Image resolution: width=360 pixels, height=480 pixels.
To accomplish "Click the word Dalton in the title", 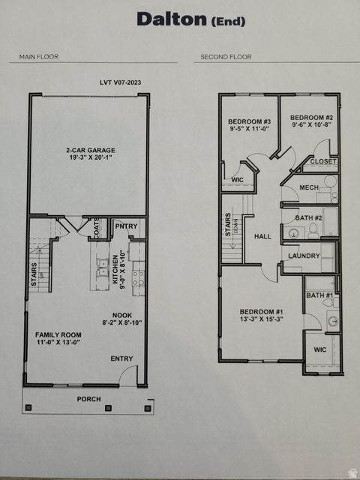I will (170, 19).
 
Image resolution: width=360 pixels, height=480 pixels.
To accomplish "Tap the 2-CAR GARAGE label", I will (90, 150).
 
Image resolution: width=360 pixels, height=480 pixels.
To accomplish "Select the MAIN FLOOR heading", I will (39, 57).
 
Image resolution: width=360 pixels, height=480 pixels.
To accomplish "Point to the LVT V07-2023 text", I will (120, 82).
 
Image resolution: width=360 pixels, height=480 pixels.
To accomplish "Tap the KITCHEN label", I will (115, 271).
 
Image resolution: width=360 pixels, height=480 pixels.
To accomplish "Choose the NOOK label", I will (121, 316).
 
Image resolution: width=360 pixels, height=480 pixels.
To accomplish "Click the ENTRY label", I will (121, 359).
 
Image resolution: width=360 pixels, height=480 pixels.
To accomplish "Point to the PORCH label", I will (89, 399).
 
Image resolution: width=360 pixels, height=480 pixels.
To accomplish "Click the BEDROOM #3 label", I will (249, 121).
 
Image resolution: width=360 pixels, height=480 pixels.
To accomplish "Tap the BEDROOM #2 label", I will (312, 118).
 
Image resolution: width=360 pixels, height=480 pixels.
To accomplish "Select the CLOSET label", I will (323, 161).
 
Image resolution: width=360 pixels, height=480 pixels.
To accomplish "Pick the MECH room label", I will (309, 187).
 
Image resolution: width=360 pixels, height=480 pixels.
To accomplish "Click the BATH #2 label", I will (308, 217).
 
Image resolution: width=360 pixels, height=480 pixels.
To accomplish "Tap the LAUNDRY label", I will (304, 256).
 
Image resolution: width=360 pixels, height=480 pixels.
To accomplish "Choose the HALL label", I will (262, 236).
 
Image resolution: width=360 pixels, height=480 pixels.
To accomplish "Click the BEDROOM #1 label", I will (261, 311).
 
